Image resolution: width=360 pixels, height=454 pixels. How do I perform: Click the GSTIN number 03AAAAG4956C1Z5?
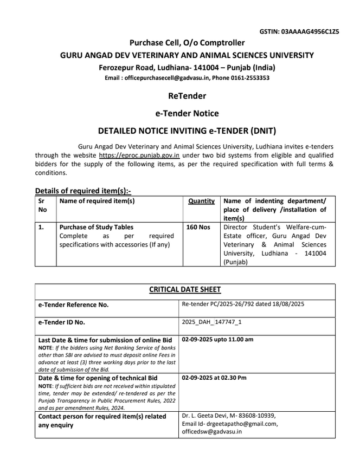[310, 32]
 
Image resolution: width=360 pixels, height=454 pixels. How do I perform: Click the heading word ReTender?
[187, 96]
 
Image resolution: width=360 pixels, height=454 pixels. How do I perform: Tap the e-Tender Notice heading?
[187, 113]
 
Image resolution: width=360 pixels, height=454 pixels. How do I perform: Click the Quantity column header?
[201, 201]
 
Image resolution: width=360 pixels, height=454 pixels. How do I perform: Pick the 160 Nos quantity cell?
[198, 227]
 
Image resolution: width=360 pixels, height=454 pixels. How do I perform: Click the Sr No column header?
[42, 205]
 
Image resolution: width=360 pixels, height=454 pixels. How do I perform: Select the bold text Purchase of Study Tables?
[96, 227]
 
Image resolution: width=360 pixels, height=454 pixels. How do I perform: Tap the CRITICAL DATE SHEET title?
[185, 290]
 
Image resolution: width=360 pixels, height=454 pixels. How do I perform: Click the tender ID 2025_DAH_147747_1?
[212, 322]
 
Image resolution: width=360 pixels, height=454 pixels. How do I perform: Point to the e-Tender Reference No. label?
[73, 305]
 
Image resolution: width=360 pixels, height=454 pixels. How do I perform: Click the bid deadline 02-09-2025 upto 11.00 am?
[217, 340]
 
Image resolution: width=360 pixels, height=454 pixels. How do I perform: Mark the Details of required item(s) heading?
[83, 191]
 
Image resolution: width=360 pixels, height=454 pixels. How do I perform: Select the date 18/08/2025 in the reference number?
[285, 304]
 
